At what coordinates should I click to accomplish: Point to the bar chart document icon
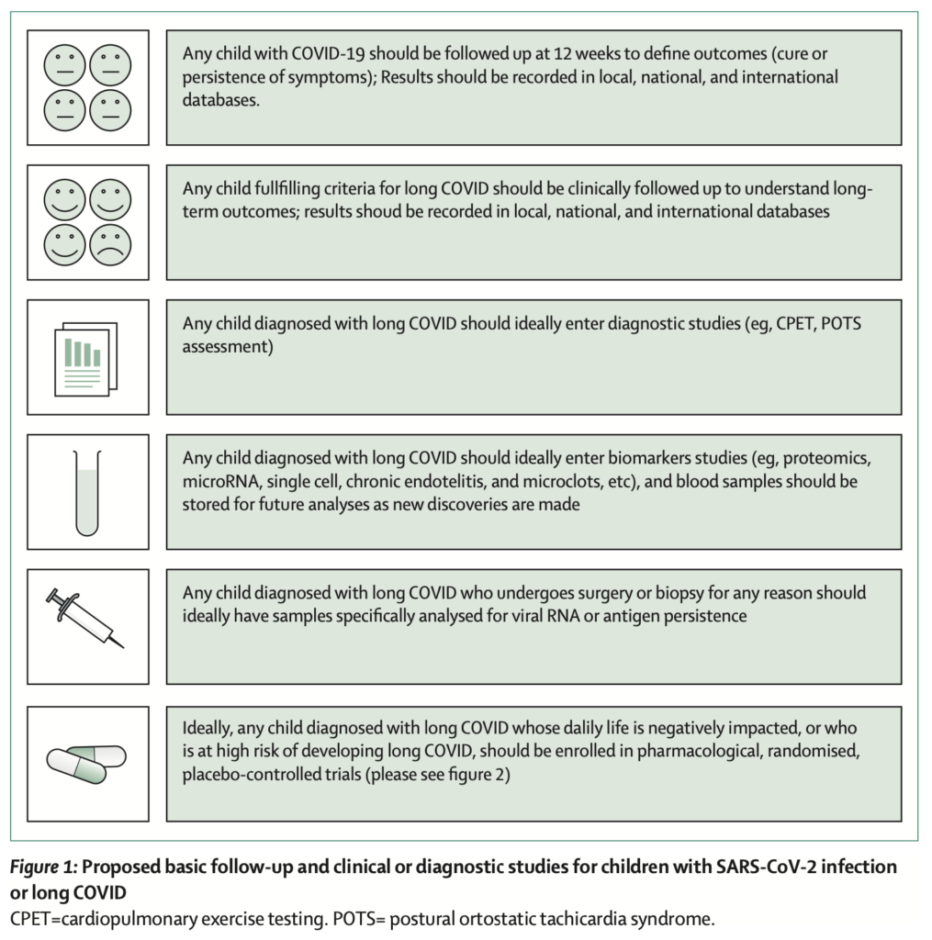[85, 358]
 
